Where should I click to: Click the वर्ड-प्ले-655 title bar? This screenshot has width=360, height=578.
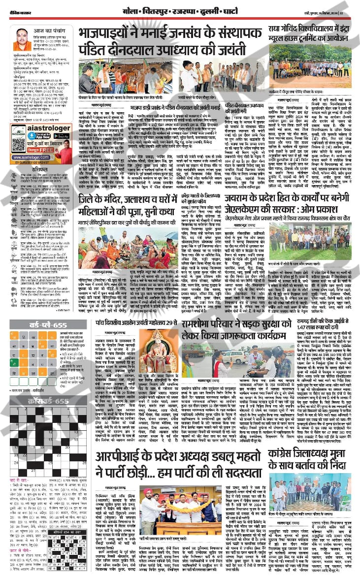coord(48,326)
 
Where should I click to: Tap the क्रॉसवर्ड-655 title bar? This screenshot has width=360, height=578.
coord(48,401)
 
